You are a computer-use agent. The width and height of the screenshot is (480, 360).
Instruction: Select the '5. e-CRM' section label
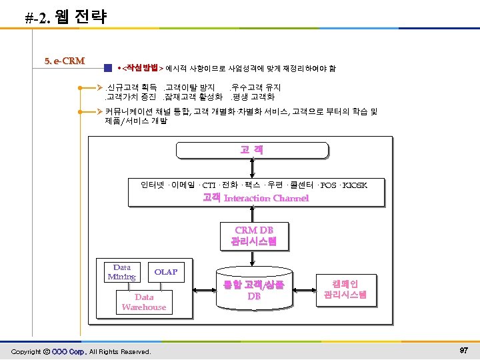click(64, 61)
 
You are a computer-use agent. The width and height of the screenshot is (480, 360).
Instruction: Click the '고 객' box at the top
click(252, 150)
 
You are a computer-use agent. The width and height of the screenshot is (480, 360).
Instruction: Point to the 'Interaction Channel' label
click(266, 198)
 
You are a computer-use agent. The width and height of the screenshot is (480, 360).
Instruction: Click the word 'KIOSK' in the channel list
click(354, 185)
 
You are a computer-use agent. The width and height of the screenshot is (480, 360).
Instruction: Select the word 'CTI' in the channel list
click(208, 185)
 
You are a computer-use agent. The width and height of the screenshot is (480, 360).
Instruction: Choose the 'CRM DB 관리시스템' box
click(254, 236)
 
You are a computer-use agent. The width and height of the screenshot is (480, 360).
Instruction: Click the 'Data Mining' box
click(122, 273)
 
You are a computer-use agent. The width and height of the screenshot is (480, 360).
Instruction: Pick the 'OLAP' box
click(166, 272)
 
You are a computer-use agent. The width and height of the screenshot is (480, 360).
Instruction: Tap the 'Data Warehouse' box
click(144, 302)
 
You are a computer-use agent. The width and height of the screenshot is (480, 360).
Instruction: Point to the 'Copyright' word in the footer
click(26, 351)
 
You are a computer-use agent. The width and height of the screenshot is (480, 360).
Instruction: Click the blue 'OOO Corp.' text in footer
click(69, 351)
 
